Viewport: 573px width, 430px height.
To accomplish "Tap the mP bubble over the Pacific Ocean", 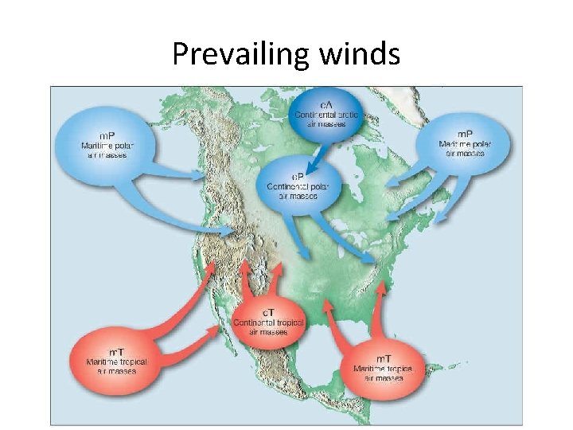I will coord(103,143).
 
